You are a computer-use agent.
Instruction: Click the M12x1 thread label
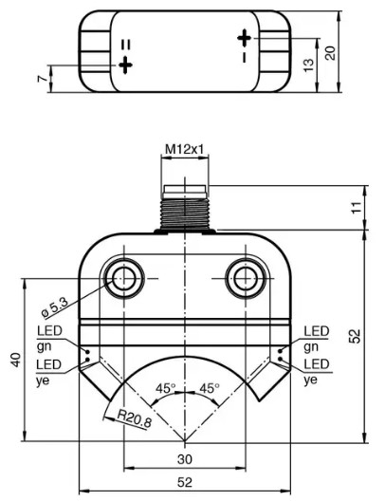tap(184, 149)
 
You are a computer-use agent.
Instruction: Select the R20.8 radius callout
tap(134, 418)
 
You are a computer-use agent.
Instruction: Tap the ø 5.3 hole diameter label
tap(55, 308)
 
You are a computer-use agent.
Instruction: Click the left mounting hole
tap(124, 278)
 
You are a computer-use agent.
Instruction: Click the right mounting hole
tap(246, 278)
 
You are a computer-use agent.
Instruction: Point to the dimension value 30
tap(185, 459)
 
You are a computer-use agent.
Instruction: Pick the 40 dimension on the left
tap(16, 360)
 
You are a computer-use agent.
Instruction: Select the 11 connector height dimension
tap(357, 208)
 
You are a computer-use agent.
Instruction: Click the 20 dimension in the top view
tap(330, 53)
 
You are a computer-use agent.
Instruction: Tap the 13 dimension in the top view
tap(309, 65)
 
